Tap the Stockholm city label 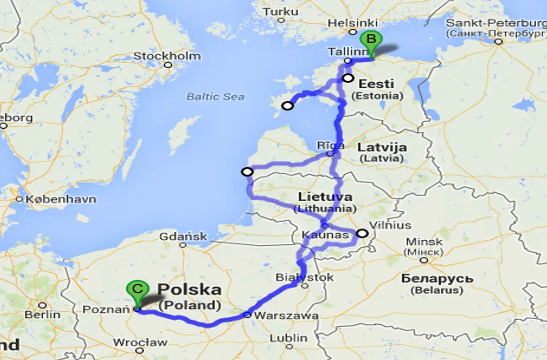point(167,56)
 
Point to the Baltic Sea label point(215,97)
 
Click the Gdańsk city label point(183,237)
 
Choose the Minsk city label point(424,242)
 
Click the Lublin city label point(289,338)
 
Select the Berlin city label point(42,315)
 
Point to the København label point(61,200)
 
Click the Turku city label point(281,12)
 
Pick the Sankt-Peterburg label point(496,23)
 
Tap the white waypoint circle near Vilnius point(362,233)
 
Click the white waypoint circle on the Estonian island point(288,106)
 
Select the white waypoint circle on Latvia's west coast point(247,172)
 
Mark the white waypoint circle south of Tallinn point(348,78)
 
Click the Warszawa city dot point(247,315)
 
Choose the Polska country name point(190,289)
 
